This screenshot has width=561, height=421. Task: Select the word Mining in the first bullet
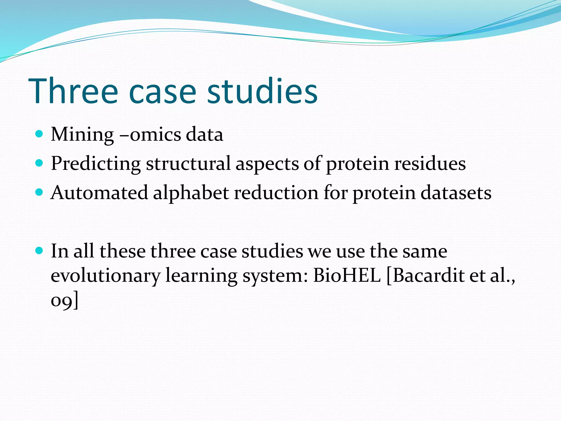pos(82,135)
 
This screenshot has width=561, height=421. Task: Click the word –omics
pos(150,135)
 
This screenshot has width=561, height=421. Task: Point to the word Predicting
pos(96,164)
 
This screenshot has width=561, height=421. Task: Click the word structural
pos(188,164)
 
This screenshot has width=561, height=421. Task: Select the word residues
pos(430,164)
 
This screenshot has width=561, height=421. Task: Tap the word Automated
pos(99,193)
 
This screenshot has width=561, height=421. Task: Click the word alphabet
pos(191,193)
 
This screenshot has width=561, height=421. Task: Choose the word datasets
pos(456,193)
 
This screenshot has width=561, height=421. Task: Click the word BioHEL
pos(347,275)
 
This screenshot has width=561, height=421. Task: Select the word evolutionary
pos(105,275)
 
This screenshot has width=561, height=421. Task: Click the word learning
pos(201,275)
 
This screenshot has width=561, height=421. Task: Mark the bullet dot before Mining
pos(39,134)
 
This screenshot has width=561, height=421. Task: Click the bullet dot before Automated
pos(39,192)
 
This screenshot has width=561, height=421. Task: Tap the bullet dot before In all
pos(39,251)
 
